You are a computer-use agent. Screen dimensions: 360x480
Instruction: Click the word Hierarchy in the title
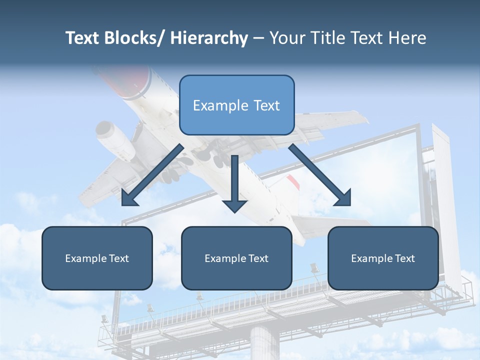click(x=209, y=38)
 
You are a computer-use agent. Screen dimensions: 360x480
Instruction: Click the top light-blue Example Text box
click(x=236, y=105)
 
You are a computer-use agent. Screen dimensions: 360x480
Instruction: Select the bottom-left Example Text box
click(x=97, y=258)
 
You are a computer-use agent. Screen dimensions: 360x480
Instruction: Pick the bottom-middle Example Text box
click(x=236, y=258)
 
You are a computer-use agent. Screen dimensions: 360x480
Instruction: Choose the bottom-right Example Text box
click(x=383, y=258)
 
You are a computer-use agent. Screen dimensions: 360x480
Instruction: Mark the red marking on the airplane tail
click(x=293, y=183)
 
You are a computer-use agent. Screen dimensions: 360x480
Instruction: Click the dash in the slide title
click(x=258, y=38)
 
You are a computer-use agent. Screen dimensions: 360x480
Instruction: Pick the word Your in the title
click(x=286, y=38)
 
